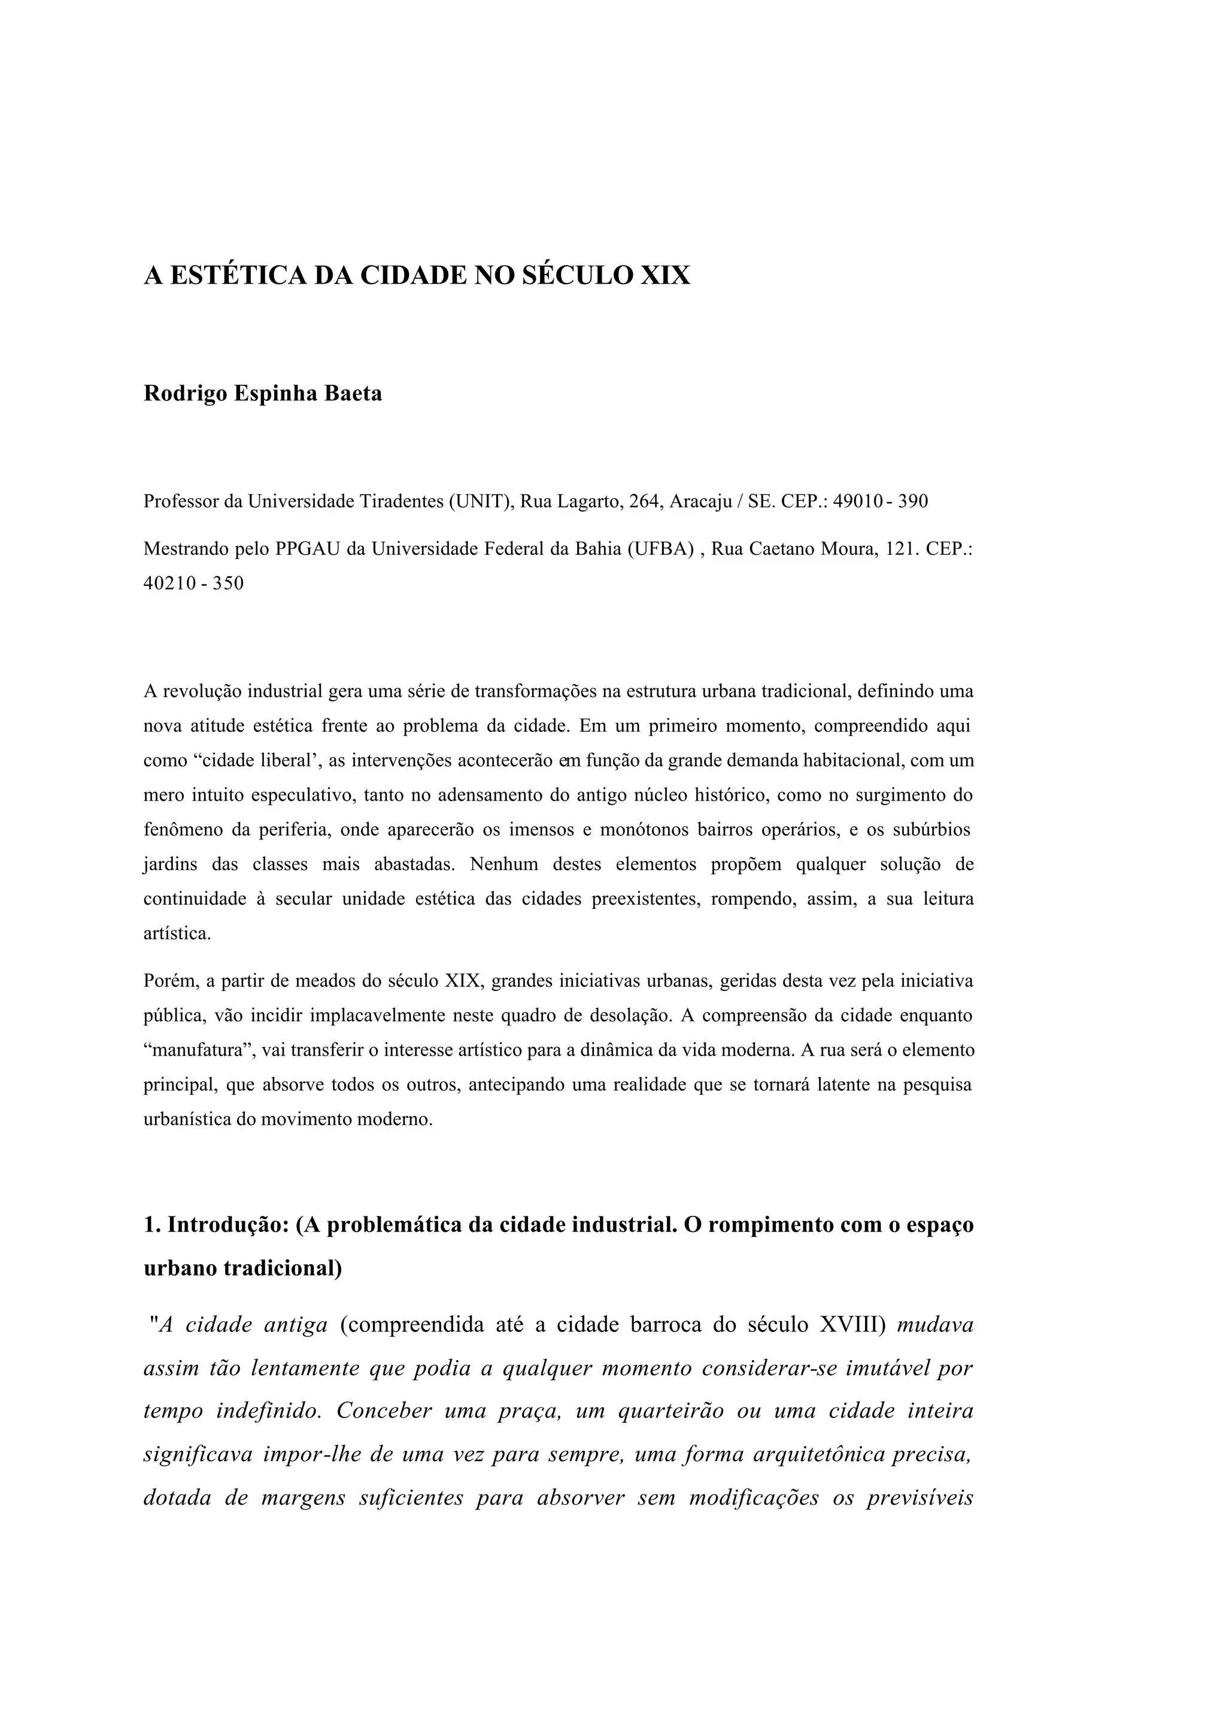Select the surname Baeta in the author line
coord(353,394)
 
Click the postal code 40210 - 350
coord(193,584)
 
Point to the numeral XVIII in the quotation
coord(851,1325)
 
